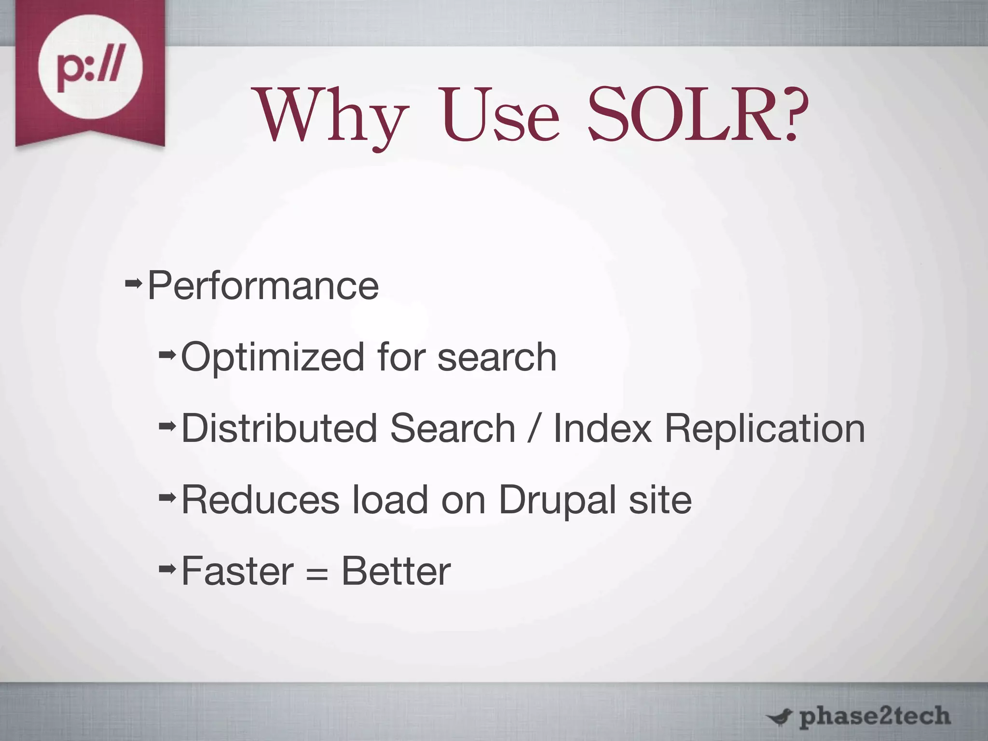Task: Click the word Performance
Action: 263,286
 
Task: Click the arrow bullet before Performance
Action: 133,283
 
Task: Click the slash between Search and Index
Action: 533,428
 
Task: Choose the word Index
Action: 603,428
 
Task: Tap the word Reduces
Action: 261,500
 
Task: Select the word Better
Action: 396,571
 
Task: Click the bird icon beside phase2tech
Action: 779,718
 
